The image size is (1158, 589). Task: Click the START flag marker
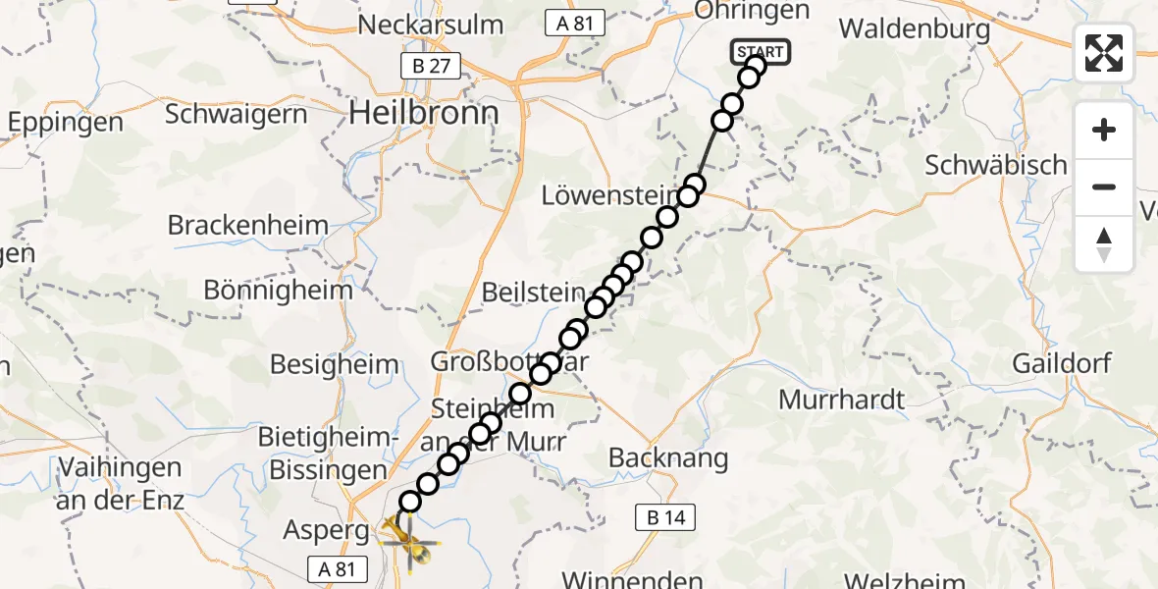pyautogui.click(x=760, y=52)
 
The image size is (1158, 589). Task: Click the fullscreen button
pyautogui.click(x=1104, y=53)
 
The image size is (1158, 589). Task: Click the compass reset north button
pyautogui.click(x=1104, y=244)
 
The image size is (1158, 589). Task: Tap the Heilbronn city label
pyautogui.click(x=424, y=114)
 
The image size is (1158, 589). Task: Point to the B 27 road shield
pyautogui.click(x=426, y=66)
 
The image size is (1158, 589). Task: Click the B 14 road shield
pyautogui.click(x=665, y=518)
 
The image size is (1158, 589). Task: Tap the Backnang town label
pyautogui.click(x=668, y=457)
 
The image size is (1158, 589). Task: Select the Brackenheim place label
pyautogui.click(x=248, y=225)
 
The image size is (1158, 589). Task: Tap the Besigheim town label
pyautogui.click(x=335, y=365)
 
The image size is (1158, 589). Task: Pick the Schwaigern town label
pyautogui.click(x=236, y=114)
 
